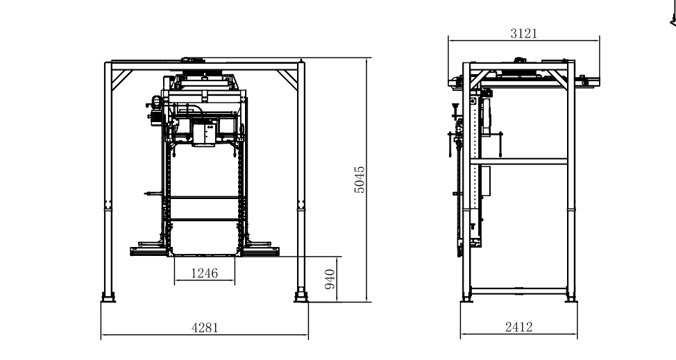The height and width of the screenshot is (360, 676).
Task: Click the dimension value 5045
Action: click(x=360, y=180)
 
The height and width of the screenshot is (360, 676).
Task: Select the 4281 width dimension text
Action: click(x=205, y=328)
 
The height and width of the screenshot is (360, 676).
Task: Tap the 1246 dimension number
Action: click(x=204, y=273)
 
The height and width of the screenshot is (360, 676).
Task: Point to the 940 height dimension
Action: click(x=330, y=279)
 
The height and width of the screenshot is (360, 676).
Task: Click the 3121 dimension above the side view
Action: click(x=524, y=33)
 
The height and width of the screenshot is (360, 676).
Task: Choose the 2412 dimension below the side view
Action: click(x=518, y=327)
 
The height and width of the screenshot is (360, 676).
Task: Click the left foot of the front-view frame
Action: click(x=108, y=297)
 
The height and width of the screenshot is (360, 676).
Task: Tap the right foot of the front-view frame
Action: click(x=301, y=297)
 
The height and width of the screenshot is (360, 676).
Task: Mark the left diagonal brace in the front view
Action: click(x=122, y=80)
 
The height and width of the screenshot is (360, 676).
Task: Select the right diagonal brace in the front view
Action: click(x=287, y=80)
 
